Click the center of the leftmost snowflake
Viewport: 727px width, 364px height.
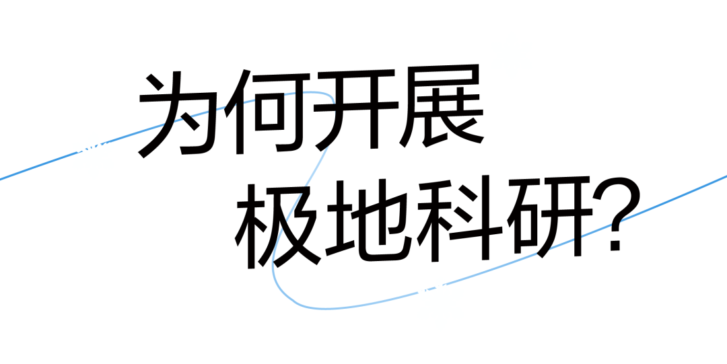93,155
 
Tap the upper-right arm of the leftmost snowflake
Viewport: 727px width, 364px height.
109,146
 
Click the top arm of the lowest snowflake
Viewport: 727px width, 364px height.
440,281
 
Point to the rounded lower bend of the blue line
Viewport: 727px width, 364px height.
286,293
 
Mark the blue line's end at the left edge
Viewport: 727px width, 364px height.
1,179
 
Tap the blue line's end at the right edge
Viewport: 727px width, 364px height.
725,176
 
